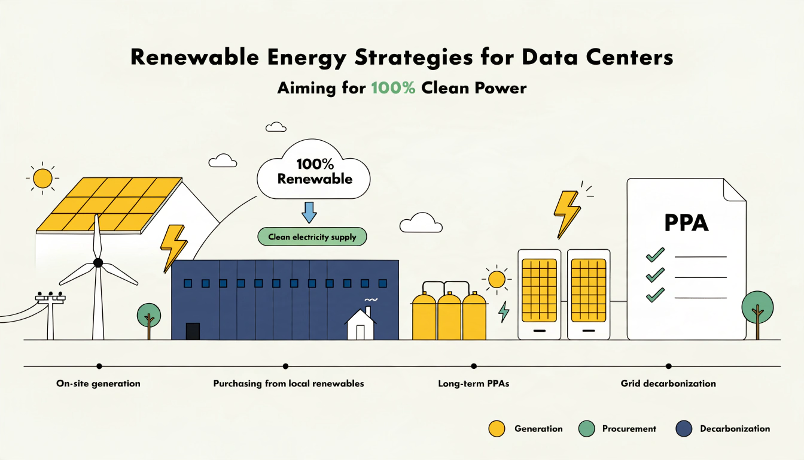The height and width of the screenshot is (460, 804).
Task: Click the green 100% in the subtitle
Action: [x=393, y=88]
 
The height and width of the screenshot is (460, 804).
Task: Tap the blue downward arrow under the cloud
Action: [x=309, y=213]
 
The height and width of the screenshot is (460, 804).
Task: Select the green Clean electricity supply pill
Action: [x=312, y=237]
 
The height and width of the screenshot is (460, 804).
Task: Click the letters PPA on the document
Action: [x=686, y=223]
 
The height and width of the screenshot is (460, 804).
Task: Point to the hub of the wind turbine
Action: [x=98, y=263]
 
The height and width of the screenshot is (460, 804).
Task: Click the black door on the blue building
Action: [x=193, y=331]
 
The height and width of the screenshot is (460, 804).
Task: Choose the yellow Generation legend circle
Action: [x=497, y=429]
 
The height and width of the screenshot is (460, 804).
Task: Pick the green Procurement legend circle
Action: [x=587, y=429]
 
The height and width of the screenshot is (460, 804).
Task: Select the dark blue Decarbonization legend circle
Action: [x=684, y=429]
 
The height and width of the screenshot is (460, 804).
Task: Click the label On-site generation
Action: [x=98, y=384]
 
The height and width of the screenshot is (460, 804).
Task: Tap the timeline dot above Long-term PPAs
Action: [x=474, y=366]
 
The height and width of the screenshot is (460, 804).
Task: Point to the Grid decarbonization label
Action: [x=668, y=384]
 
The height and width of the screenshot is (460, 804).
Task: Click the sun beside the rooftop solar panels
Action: [x=42, y=178]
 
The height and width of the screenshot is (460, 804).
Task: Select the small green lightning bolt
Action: [x=504, y=311]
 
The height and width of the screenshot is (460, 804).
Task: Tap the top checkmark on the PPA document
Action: [x=655, y=255]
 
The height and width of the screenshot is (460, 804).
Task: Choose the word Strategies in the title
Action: [x=413, y=58]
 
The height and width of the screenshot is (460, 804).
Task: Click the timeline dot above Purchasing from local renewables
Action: [x=285, y=366]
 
